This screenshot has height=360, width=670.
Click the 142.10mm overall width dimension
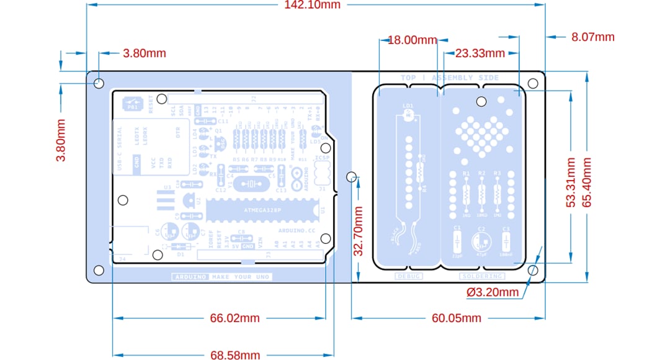click(312, 6)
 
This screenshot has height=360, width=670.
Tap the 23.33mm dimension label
click(480, 53)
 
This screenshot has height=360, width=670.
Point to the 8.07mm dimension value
click(592, 37)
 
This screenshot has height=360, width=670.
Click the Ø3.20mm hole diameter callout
click(493, 292)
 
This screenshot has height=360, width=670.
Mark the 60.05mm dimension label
click(456, 318)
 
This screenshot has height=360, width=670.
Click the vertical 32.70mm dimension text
click(359, 230)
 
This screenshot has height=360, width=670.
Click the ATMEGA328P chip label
click(262, 210)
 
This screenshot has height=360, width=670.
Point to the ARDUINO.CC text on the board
click(297, 230)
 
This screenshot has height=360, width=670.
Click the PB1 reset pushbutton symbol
click(132, 104)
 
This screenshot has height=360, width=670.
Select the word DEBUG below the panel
click(409, 276)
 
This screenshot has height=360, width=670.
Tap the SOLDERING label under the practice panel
click(482, 276)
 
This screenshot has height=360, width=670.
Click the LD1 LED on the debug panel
click(408, 115)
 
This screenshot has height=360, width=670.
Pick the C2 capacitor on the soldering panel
click(481, 241)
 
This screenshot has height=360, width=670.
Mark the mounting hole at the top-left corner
click(99, 83)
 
